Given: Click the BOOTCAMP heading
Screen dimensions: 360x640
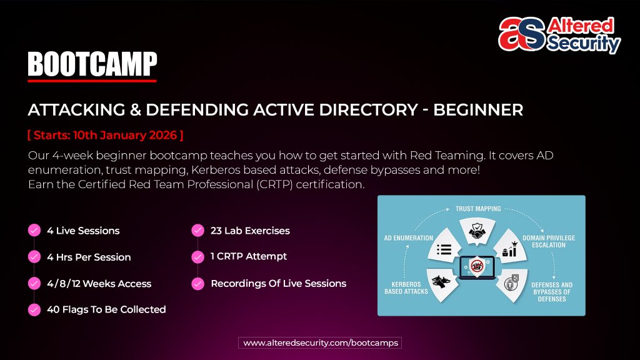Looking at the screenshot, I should click(x=92, y=64).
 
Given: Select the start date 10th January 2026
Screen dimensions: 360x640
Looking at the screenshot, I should click(x=106, y=135).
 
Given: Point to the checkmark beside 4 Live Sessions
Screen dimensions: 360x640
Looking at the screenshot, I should click(x=34, y=231).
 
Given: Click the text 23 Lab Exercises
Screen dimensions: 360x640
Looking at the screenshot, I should click(x=250, y=231).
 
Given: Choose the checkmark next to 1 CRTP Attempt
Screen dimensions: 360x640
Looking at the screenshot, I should click(x=197, y=256).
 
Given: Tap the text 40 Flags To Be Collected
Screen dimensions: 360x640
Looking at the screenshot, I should click(x=106, y=309).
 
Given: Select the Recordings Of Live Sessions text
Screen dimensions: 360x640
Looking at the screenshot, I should click(x=278, y=283).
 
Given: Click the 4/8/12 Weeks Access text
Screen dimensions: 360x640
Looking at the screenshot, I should click(x=99, y=283).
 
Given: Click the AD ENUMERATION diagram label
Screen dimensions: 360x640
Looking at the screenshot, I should click(x=408, y=238).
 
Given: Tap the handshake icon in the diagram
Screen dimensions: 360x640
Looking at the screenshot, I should click(x=480, y=232).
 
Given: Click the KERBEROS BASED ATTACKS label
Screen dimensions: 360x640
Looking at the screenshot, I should click(x=406, y=288).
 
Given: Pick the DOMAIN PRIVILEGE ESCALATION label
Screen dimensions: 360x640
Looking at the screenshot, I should click(x=549, y=241).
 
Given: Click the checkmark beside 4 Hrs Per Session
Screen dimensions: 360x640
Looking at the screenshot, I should click(x=34, y=257).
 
